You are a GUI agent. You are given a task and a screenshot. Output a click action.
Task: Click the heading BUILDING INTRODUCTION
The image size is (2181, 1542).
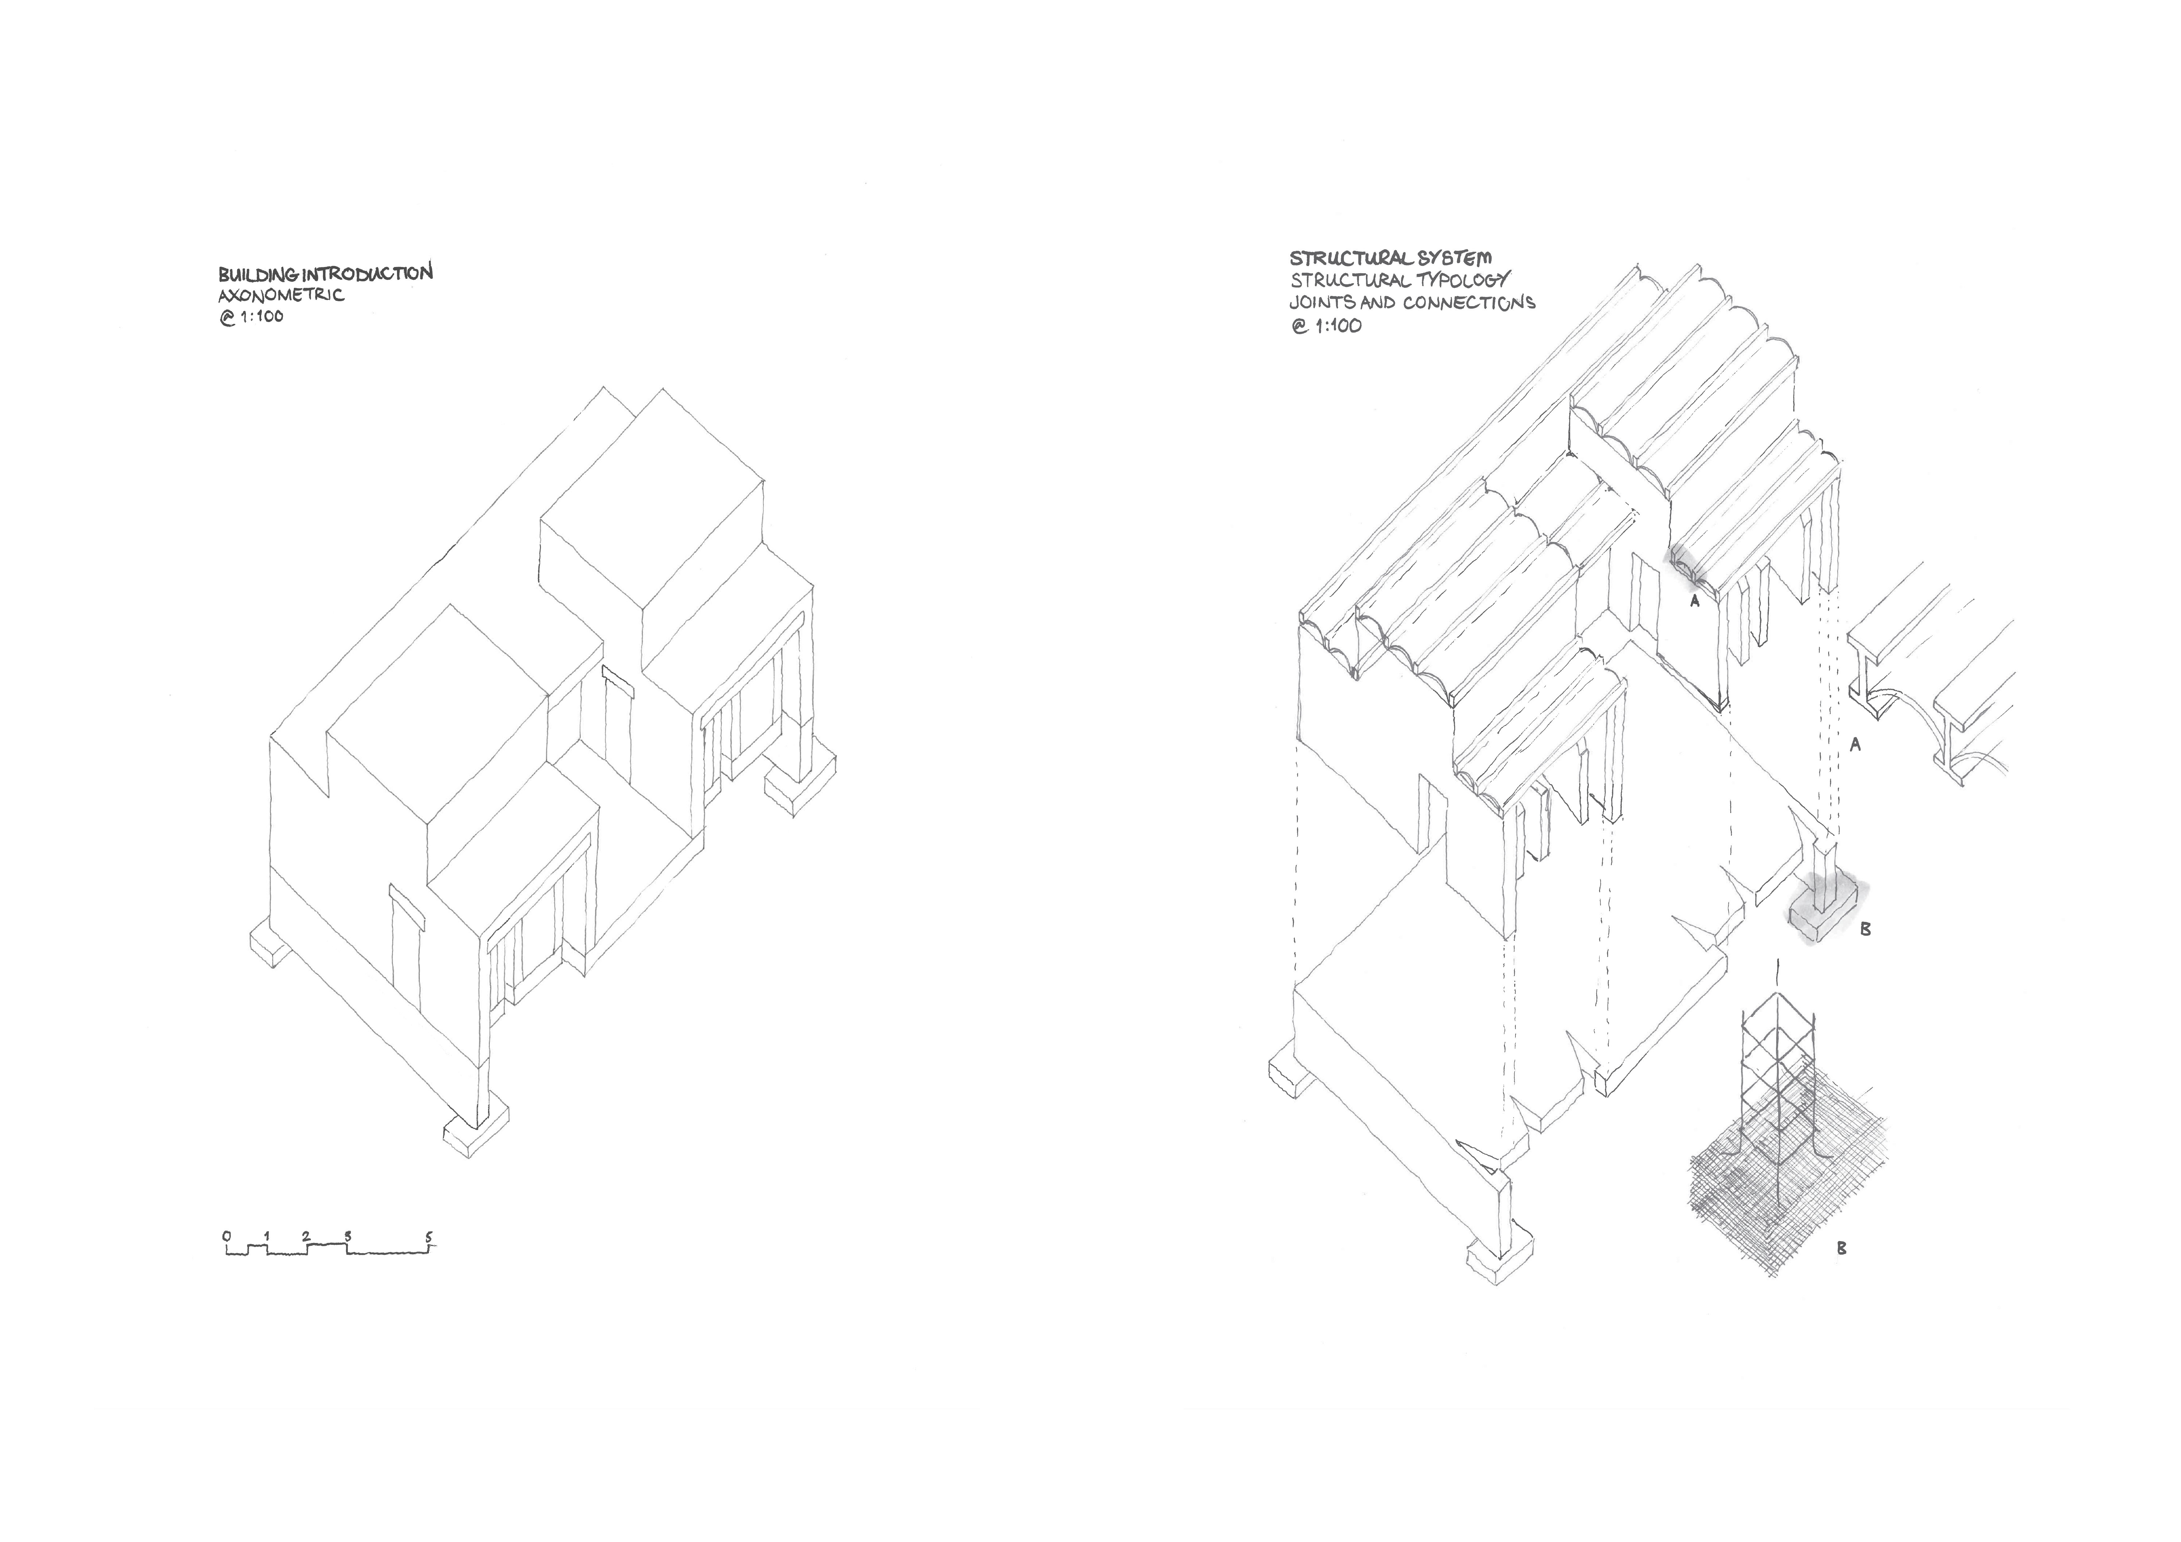point(325,273)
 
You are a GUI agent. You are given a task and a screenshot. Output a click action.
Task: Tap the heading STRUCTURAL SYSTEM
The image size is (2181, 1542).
point(1390,257)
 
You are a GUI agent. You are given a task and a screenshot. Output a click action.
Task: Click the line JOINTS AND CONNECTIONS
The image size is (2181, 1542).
point(1412,303)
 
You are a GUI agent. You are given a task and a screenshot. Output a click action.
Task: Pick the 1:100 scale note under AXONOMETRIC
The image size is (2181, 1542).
point(251,317)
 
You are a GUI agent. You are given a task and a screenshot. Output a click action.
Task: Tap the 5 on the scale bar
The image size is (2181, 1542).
point(429,1236)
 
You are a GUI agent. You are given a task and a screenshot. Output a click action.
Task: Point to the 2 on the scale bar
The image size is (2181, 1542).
point(306,1236)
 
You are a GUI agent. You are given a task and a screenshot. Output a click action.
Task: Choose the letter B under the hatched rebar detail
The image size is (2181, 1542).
point(1841,1248)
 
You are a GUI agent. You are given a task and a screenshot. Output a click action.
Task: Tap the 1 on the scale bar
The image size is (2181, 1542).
point(267,1236)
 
